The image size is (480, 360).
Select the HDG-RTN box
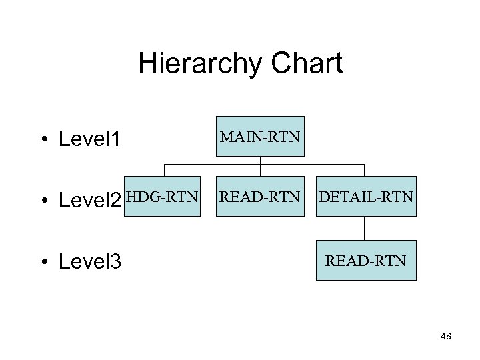pos(162,197)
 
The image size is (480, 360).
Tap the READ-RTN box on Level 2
pos(260,197)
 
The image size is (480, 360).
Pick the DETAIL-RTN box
pos(365,197)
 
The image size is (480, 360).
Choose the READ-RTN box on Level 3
pos(365,260)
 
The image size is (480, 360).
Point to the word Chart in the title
pos(307,64)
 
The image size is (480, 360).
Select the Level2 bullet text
pos(90,201)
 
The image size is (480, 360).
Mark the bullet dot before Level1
pos(42,140)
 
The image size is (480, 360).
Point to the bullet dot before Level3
pos(42,262)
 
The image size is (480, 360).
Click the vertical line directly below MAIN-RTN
pos(260,160)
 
